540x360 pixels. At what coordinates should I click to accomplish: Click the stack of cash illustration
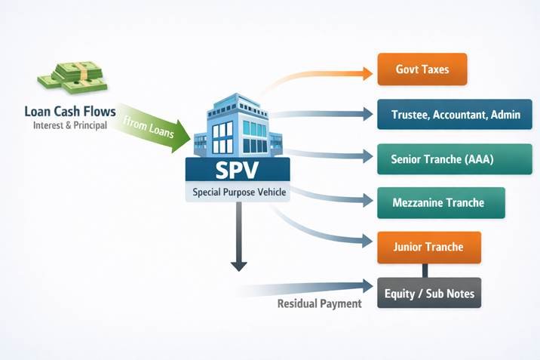tap(69, 75)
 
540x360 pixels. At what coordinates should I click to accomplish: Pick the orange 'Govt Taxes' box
tap(422, 69)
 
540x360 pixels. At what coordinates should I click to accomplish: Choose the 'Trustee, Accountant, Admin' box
tap(455, 115)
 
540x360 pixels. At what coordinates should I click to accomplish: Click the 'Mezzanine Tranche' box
tap(438, 203)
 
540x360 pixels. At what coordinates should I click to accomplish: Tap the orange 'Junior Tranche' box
tap(428, 247)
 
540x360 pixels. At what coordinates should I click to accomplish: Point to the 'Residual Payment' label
tap(319, 303)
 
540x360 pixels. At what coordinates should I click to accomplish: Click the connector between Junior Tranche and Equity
tap(425, 270)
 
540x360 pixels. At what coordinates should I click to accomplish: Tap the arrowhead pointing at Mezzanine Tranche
tap(367, 201)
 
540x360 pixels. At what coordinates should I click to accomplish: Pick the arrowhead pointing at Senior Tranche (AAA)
tap(367, 158)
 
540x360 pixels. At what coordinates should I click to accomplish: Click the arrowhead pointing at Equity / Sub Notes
tap(367, 286)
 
